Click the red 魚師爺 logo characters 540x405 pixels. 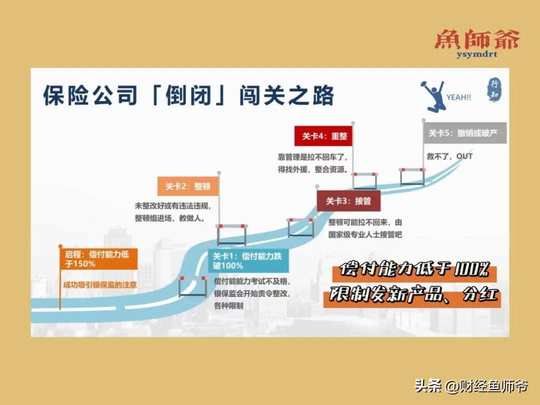pyautogui.click(x=476, y=39)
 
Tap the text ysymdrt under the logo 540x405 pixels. pyautogui.click(x=476, y=54)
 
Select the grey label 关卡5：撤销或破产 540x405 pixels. pyautogui.click(x=463, y=133)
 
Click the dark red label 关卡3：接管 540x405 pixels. pyautogui.click(x=348, y=201)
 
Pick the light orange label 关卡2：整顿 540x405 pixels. pyautogui.click(x=187, y=186)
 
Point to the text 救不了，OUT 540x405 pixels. pyautogui.click(x=449, y=156)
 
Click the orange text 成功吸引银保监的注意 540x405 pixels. pyautogui.click(x=99, y=285)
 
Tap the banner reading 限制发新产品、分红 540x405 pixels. pyautogui.click(x=410, y=296)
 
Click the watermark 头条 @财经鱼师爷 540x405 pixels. pyautogui.click(x=470, y=386)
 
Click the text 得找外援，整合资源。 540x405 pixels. pyautogui.click(x=313, y=169)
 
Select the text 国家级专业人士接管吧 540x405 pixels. pyautogui.click(x=365, y=234)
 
